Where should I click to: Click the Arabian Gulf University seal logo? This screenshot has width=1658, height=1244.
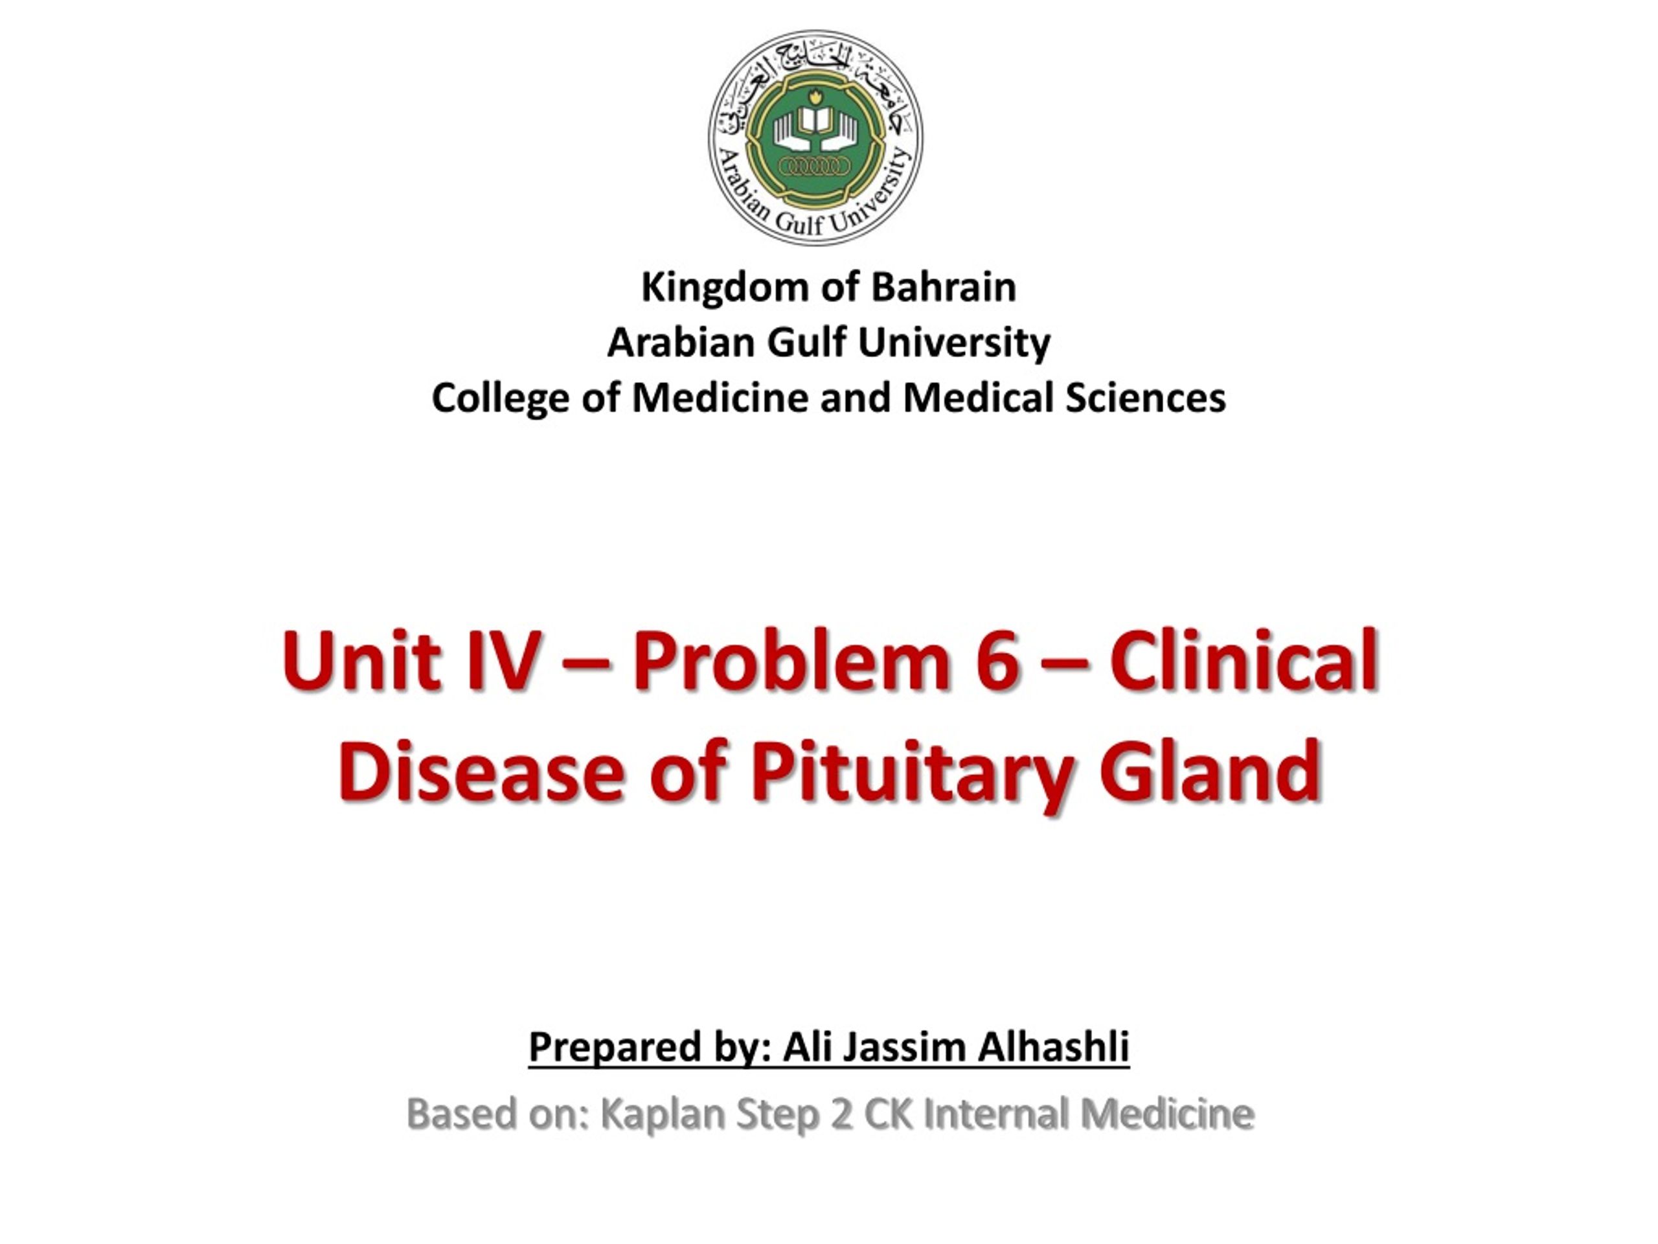tap(815, 138)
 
